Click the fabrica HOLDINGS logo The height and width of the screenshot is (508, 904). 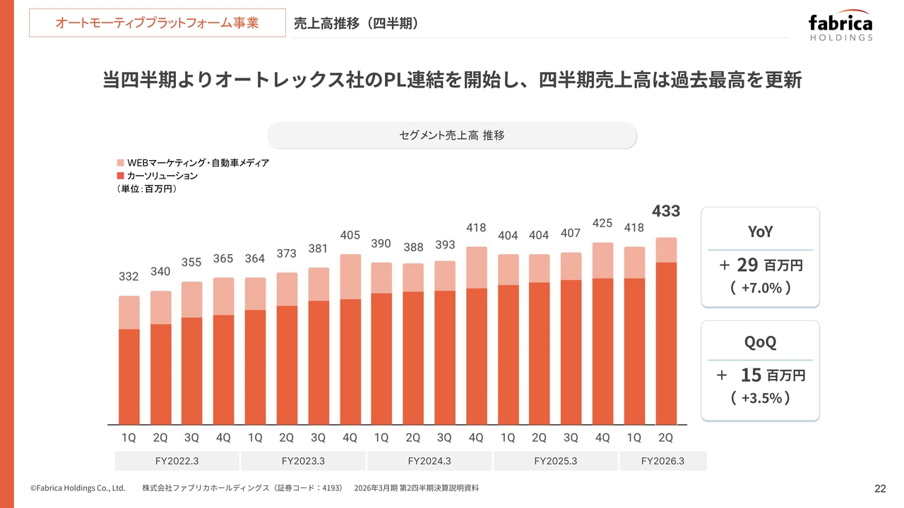pos(840,27)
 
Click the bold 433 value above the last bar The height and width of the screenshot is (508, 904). pos(665,211)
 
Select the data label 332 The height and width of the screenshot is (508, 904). pos(129,277)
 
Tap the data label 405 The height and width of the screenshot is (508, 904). pos(350,235)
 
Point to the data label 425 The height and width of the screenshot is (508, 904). pos(602,224)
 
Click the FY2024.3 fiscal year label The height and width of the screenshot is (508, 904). pos(429,461)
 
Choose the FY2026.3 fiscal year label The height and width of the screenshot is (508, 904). pos(662,461)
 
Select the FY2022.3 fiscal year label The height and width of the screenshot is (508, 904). pos(177,461)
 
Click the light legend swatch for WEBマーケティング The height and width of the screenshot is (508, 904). pos(120,162)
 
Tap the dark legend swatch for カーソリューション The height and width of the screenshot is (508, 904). pos(120,175)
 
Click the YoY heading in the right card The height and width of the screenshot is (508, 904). pos(760,231)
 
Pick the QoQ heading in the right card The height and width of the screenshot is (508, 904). pos(760,343)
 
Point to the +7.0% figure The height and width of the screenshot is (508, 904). pos(761,288)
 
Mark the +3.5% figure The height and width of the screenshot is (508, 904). pos(761,399)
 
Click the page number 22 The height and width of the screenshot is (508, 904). pos(880,489)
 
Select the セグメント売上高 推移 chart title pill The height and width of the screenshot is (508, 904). pos(452,135)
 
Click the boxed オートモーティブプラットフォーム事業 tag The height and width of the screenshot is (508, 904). pos(157,23)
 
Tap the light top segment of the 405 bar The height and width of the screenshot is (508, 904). pos(350,276)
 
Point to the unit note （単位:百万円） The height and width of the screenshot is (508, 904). pos(146,189)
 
